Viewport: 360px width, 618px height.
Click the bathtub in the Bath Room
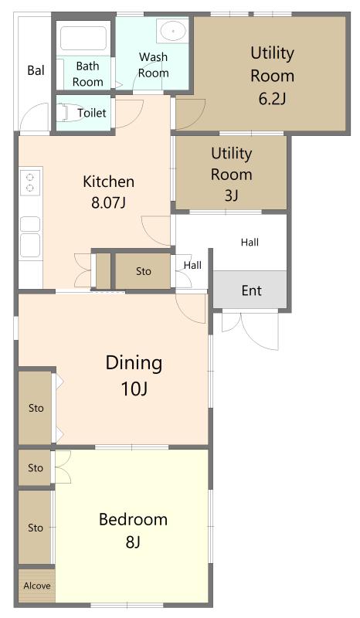coord(83,38)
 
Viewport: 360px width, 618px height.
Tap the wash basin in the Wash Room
coord(172,30)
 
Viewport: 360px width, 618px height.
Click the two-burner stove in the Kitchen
coord(30,182)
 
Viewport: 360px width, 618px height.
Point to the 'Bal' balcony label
coord(36,70)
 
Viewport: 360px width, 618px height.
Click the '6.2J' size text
coord(272,99)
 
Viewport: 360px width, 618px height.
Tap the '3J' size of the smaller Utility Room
coord(232,195)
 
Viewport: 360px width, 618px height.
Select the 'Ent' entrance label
coord(252,291)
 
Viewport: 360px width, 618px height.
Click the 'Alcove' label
coord(36,586)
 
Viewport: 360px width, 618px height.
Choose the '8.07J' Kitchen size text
coord(108,203)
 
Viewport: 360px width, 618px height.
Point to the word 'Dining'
coord(134,363)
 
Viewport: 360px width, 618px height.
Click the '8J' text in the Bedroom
coord(134,542)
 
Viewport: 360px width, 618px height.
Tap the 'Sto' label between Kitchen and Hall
coord(144,271)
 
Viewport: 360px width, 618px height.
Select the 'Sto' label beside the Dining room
coord(36,408)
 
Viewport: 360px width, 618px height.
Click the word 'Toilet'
coord(92,113)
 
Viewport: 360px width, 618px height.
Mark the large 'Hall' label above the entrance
coord(250,242)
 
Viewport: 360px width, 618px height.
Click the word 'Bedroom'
coord(134,519)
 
